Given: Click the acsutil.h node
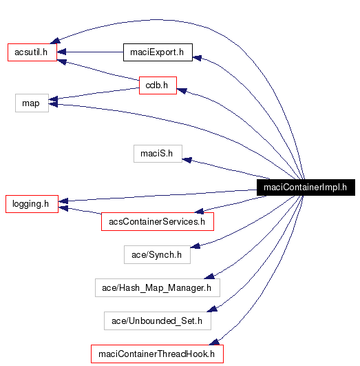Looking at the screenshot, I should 32,52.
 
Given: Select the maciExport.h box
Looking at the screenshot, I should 157,52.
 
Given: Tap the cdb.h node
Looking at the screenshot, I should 157,85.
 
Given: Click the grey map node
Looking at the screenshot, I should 32,103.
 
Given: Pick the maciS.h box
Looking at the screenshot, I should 158,153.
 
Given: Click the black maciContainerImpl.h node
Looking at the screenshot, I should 305,187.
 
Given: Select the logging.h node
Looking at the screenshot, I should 32,203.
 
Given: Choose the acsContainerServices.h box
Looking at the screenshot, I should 157,221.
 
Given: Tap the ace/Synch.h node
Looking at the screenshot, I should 156,254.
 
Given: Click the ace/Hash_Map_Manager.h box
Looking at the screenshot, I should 157,287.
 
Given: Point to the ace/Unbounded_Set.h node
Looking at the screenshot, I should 157,321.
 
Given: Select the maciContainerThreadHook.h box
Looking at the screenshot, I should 157,354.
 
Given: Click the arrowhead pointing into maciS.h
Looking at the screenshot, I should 187,159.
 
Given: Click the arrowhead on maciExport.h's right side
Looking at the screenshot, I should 198,59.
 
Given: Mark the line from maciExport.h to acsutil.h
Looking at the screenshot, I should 89,52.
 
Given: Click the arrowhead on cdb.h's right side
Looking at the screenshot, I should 182,90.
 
